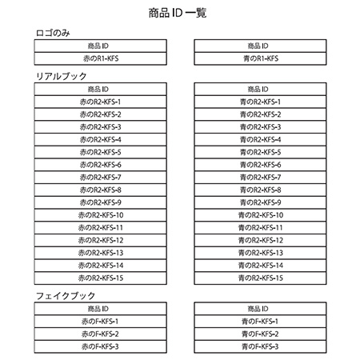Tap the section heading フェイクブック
[64, 297]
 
